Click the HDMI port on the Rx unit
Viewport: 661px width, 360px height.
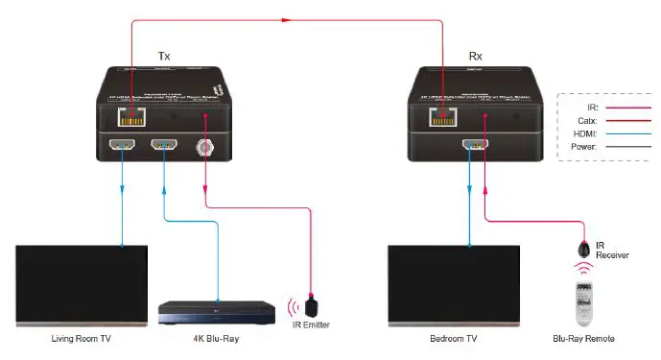point(470,148)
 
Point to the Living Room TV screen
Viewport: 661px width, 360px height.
point(82,285)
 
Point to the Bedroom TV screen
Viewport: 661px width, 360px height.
point(453,285)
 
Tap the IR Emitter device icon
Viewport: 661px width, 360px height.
point(311,307)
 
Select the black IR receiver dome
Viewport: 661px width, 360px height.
point(583,249)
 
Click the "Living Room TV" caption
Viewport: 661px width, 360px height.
point(82,339)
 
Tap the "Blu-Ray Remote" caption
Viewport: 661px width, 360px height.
point(583,339)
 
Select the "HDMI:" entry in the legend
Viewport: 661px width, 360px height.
point(584,134)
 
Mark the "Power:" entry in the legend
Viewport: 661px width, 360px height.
point(583,148)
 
